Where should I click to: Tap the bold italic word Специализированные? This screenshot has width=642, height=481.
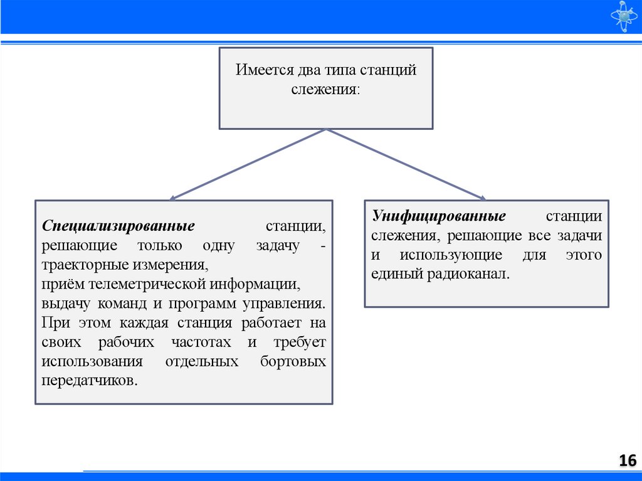pos(118,225)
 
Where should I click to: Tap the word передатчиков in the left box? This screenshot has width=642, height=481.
pos(88,381)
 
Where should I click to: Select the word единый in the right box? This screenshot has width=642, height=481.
pos(394,274)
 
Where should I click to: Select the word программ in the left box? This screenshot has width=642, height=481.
pos(203,304)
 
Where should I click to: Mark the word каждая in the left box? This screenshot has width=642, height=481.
pos(137,323)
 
